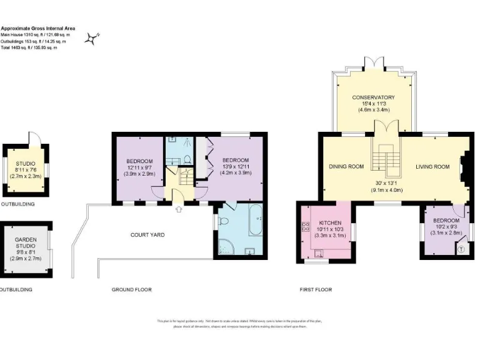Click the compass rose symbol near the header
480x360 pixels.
tap(92, 39)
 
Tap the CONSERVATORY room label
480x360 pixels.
tap(373, 97)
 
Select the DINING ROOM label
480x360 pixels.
tap(346, 166)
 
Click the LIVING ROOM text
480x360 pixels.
tap(432, 166)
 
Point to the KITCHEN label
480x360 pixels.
tap(330, 222)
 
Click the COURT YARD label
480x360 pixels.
tap(147, 234)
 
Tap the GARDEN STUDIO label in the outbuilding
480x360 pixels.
tap(26, 243)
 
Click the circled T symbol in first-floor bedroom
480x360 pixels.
tap(461, 249)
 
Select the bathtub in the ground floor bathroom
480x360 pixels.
tap(256, 220)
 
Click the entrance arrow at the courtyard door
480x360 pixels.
tap(179, 209)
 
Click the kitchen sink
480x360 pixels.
tap(319, 253)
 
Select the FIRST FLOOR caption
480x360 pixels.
tap(315, 289)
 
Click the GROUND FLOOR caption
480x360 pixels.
tap(131, 289)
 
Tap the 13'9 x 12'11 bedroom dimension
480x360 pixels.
tap(235, 167)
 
